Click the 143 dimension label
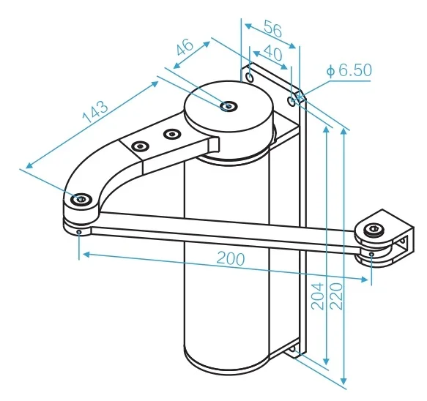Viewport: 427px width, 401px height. [x=95, y=111]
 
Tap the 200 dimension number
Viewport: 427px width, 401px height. [x=231, y=259]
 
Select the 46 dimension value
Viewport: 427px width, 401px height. [x=185, y=47]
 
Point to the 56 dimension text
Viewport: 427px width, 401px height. [x=273, y=29]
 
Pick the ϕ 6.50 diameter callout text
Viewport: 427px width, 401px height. [x=349, y=70]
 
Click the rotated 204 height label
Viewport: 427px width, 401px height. [x=318, y=296]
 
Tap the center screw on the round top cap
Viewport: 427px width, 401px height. [x=229, y=106]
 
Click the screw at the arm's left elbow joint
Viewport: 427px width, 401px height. [x=81, y=199]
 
